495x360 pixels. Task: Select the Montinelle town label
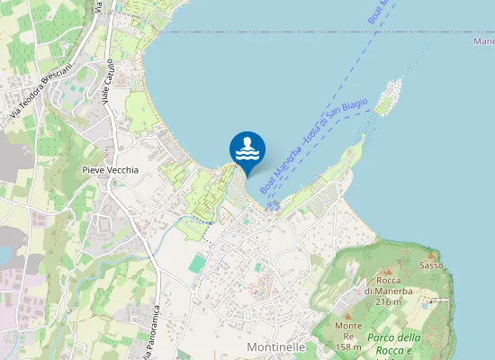point(275,346)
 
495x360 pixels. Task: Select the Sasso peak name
point(431,265)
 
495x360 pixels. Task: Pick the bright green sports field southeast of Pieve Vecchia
point(197,262)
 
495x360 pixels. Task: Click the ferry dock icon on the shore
point(274,205)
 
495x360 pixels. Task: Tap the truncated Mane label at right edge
point(483,41)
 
